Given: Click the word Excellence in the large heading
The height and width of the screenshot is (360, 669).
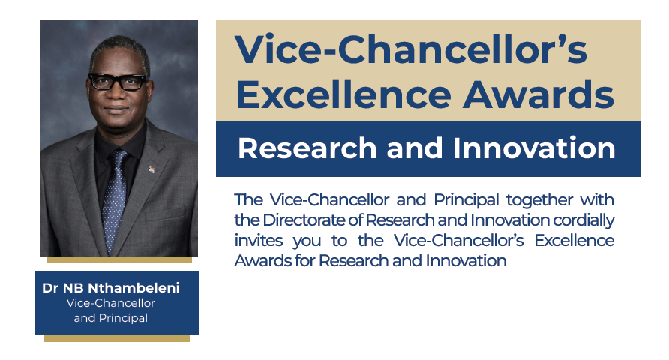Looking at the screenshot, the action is coord(343,94).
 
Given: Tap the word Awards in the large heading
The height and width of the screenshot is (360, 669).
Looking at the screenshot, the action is coord(538,94).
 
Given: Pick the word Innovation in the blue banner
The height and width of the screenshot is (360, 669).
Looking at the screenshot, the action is coord(534,148).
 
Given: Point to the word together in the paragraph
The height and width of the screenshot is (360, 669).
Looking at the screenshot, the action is coord(539,200).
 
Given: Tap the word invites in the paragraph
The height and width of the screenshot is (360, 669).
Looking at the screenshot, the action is coord(258,240).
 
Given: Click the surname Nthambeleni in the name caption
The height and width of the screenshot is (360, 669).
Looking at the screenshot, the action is coord(133,288).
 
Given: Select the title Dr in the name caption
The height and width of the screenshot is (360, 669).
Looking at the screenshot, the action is coord(50,288).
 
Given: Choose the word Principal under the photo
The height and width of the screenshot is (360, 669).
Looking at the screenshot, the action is coord(123,318).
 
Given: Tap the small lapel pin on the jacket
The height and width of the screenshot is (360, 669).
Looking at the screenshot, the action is coord(151,169).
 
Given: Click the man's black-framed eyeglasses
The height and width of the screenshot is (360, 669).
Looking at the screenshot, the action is coord(118,81).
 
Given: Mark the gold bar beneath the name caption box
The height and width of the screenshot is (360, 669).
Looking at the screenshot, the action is coord(117,338).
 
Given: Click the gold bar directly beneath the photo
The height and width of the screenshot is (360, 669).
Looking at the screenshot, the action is coord(119,260).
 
